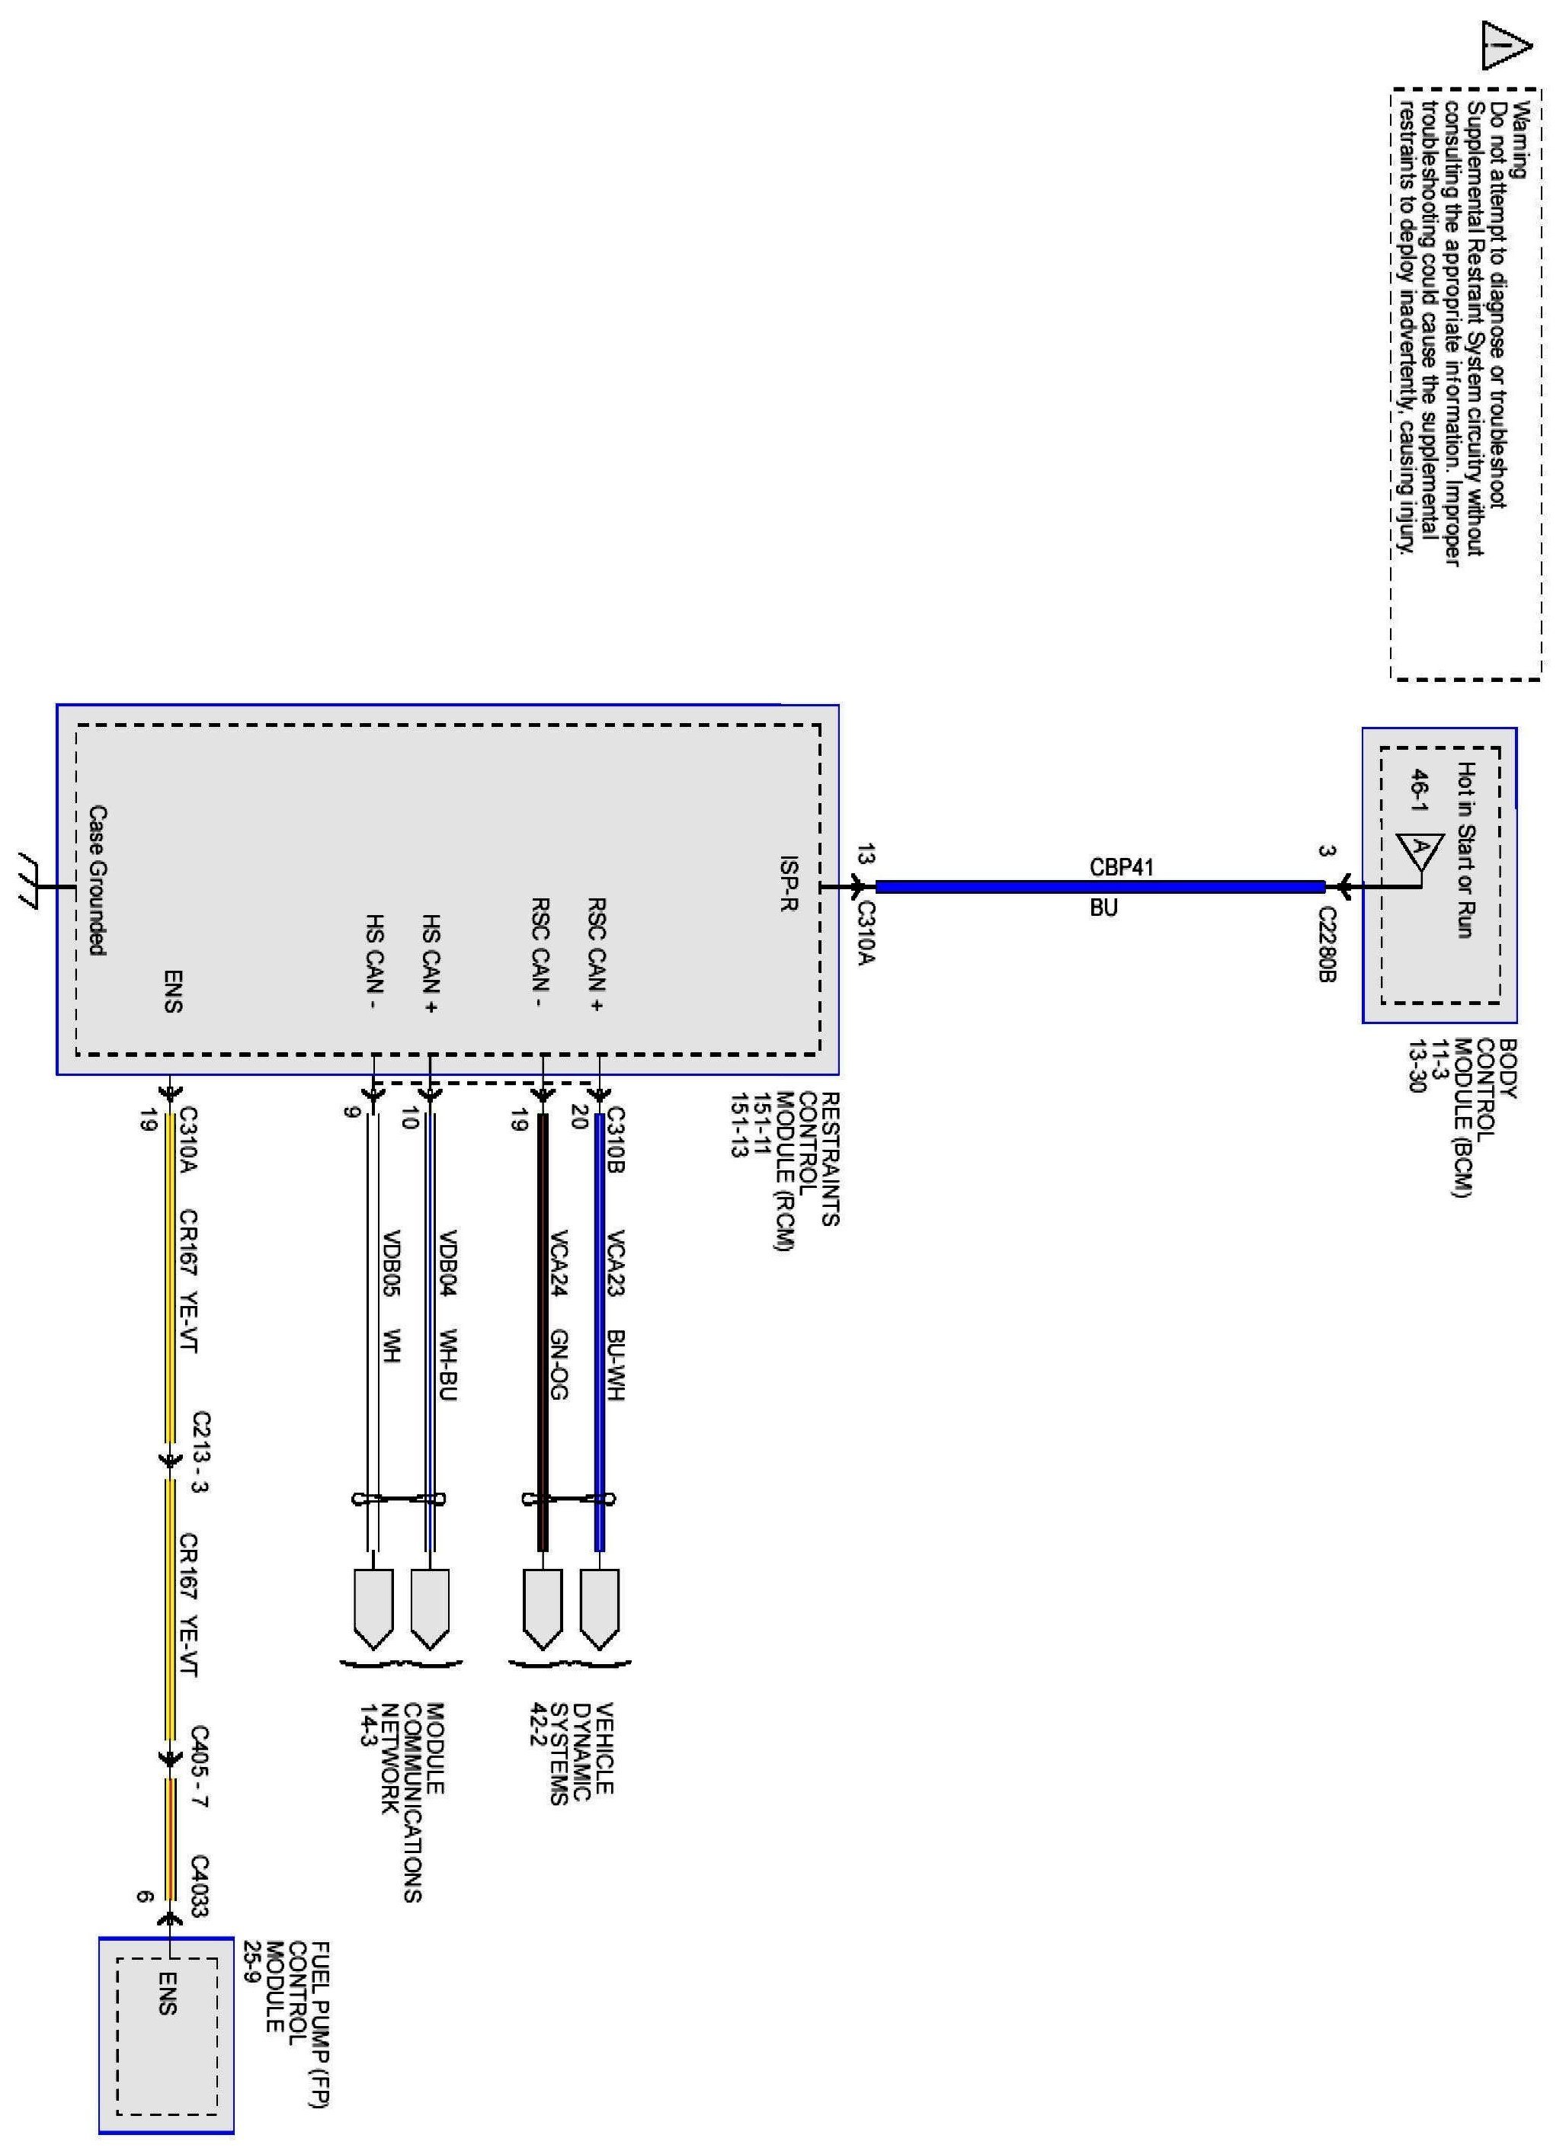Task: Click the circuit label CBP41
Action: tap(1122, 866)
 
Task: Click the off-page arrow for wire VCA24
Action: tap(542, 1608)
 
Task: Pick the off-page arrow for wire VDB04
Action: tap(431, 1608)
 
